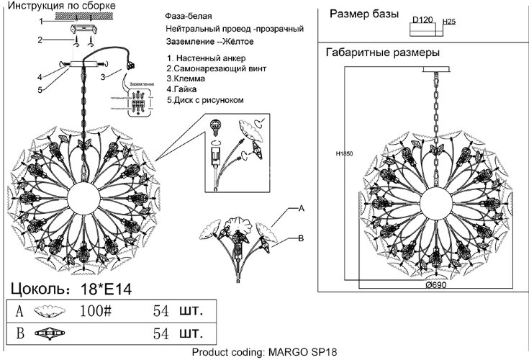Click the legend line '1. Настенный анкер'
(206, 57)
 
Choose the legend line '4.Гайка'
(183, 89)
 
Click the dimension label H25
(450, 22)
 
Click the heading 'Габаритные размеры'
(383, 53)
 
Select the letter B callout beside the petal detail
(302, 238)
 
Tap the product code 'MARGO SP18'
(303, 353)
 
